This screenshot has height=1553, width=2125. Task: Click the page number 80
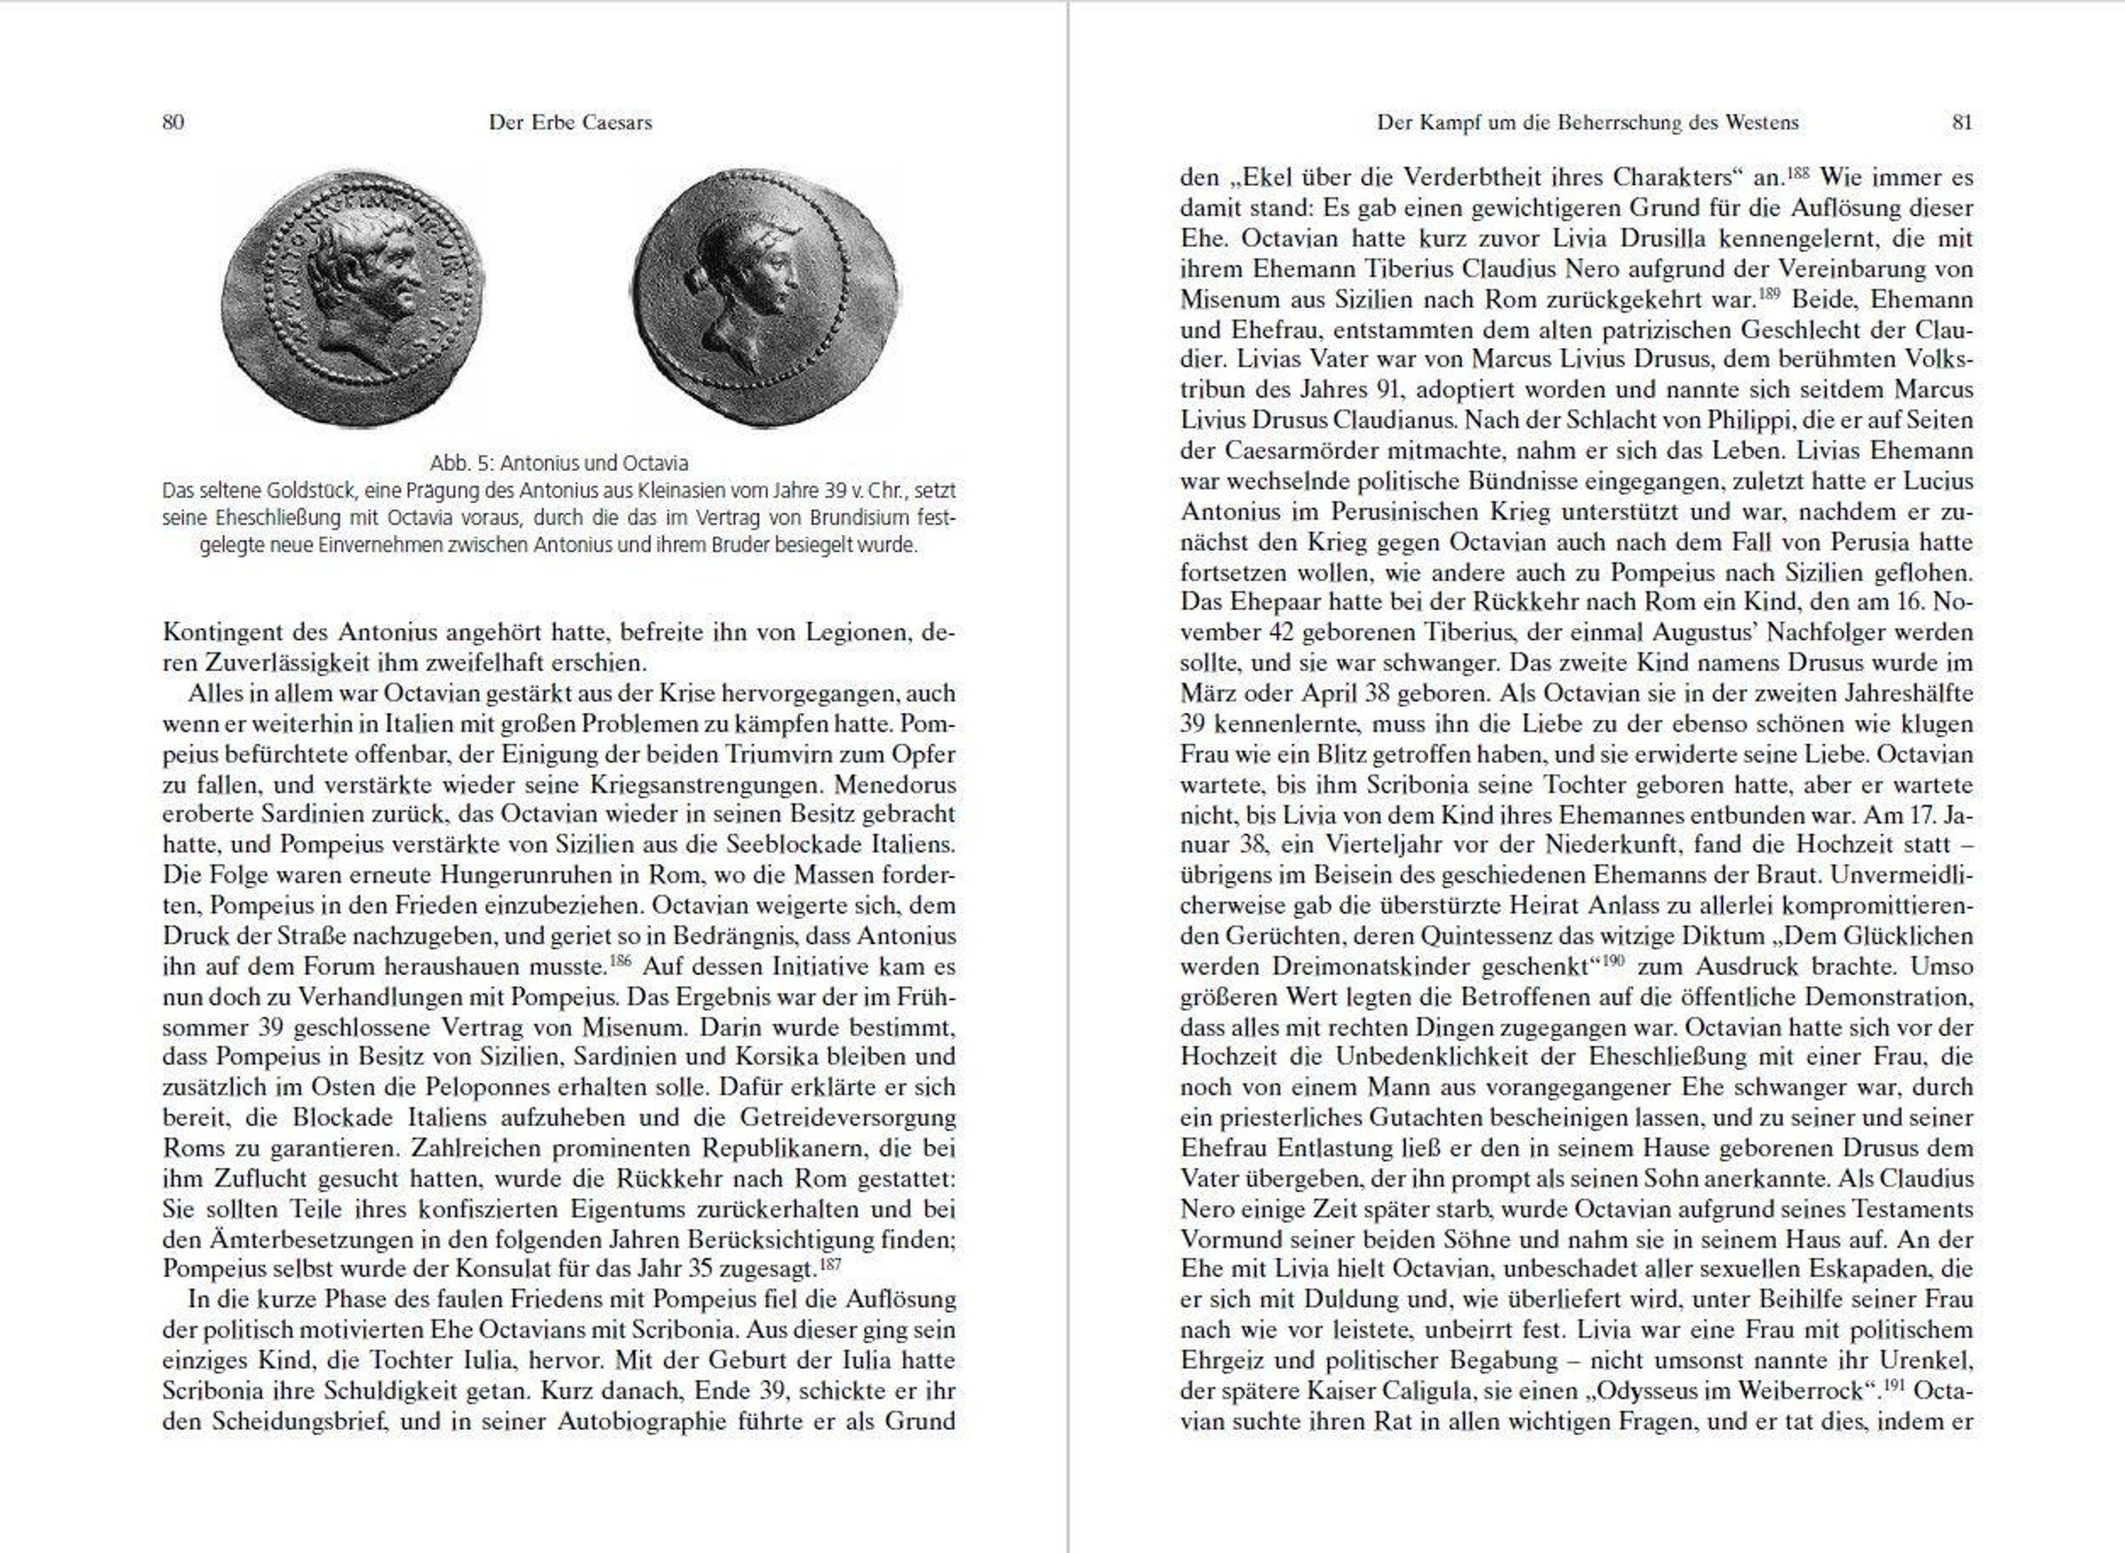point(173,122)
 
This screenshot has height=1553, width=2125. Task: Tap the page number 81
point(1961,122)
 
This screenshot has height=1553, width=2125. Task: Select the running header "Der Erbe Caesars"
point(570,122)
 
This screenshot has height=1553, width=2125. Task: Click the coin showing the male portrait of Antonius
point(354,299)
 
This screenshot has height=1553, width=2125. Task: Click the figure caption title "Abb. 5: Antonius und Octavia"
point(560,463)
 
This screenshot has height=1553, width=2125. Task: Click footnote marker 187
point(830,1264)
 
